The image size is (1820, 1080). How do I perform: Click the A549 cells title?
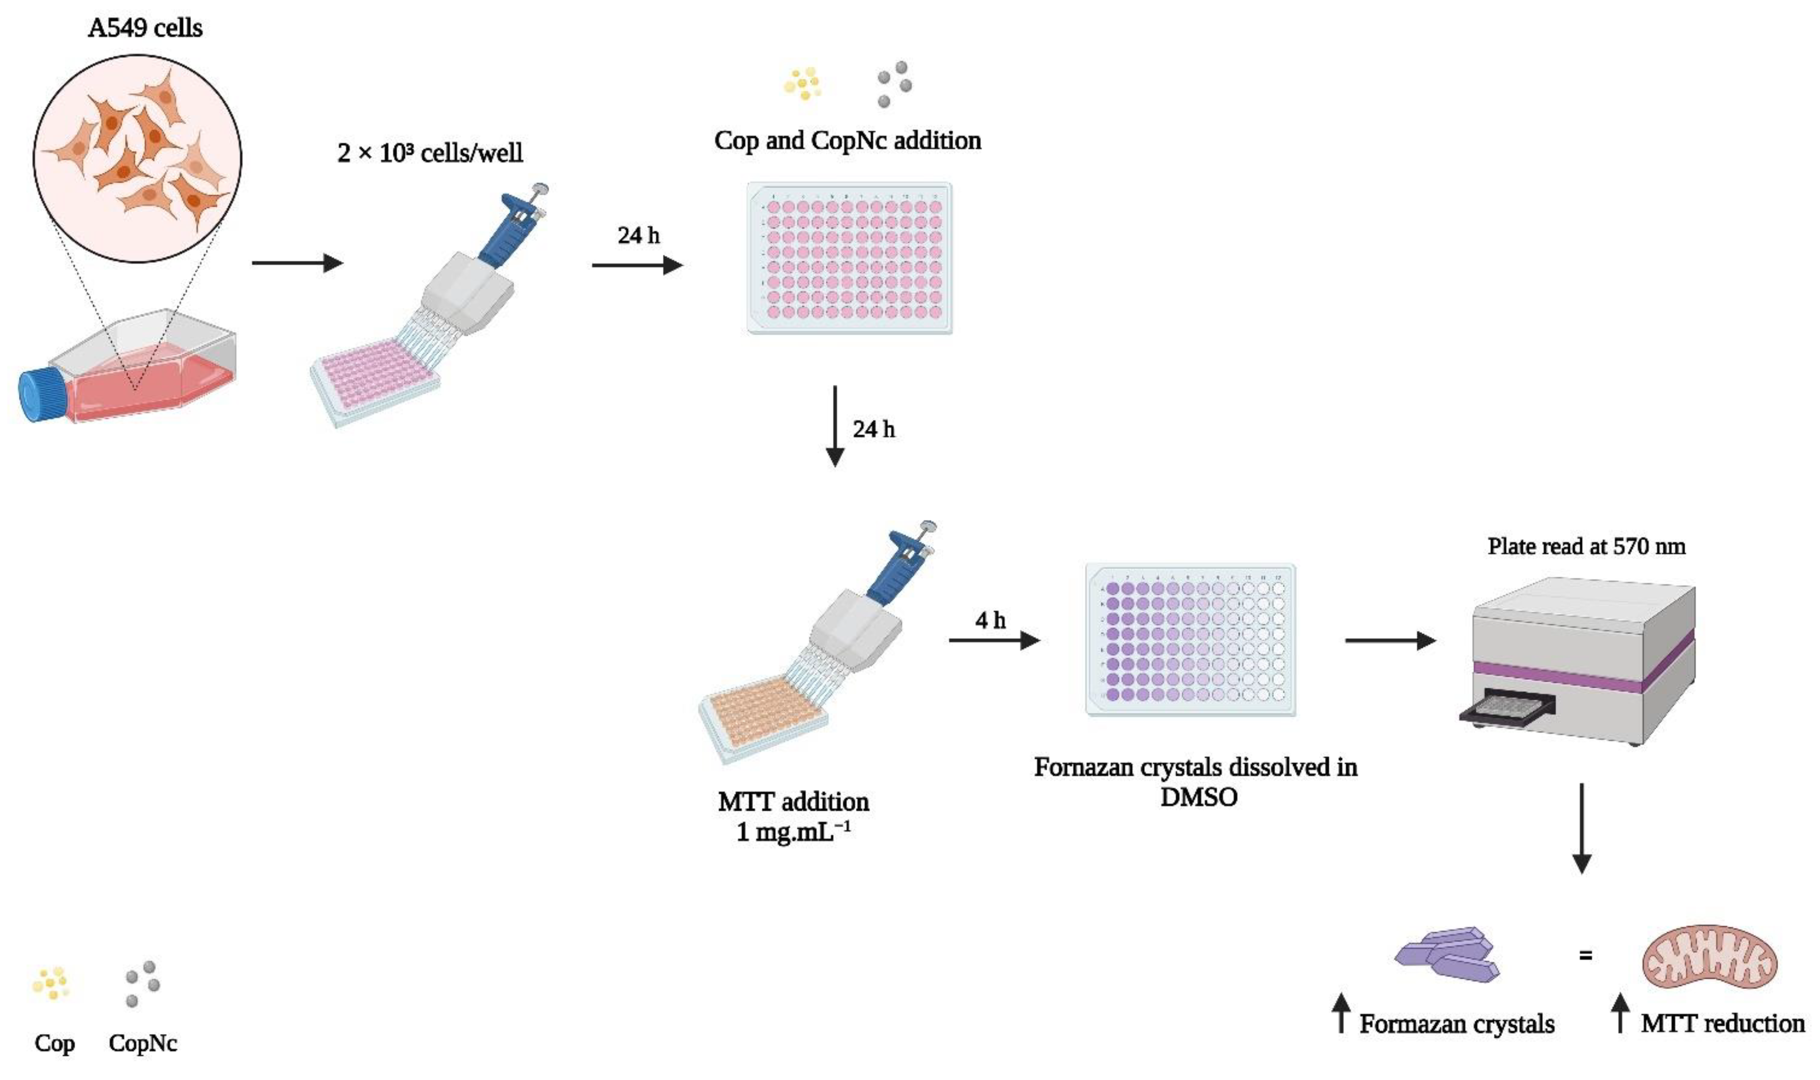pyautogui.click(x=145, y=28)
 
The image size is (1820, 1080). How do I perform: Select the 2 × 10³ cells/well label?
pyautogui.click(x=430, y=153)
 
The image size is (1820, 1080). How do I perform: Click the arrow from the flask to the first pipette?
pyautogui.click(x=297, y=263)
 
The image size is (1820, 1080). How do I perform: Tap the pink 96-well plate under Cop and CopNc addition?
pyautogui.click(x=849, y=259)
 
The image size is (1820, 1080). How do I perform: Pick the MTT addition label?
pyautogui.click(x=793, y=802)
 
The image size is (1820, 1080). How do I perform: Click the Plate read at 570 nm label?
pyautogui.click(x=1586, y=547)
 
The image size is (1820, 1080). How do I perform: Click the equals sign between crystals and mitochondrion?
pyautogui.click(x=1586, y=955)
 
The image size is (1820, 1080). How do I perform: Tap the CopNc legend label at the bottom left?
pyautogui.click(x=143, y=1043)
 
